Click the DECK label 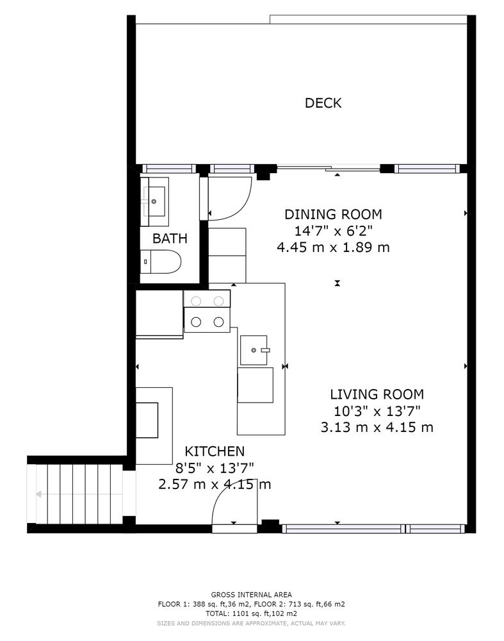(x=323, y=103)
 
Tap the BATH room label (x=170, y=238)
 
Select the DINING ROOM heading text (x=333, y=214)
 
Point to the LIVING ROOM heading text (x=377, y=394)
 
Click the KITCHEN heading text (x=215, y=451)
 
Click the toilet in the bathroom (x=161, y=262)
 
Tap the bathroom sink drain (x=154, y=201)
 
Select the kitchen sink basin (x=254, y=350)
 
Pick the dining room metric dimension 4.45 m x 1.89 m (x=333, y=247)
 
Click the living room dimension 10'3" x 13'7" (x=377, y=410)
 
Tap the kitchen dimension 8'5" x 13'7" (x=215, y=468)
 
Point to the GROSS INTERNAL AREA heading (x=252, y=595)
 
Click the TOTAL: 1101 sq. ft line (x=252, y=613)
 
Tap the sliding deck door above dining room (x=329, y=167)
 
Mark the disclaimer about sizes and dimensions (x=252, y=624)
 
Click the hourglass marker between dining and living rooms (x=337, y=283)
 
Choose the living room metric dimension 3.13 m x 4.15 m (x=377, y=427)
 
